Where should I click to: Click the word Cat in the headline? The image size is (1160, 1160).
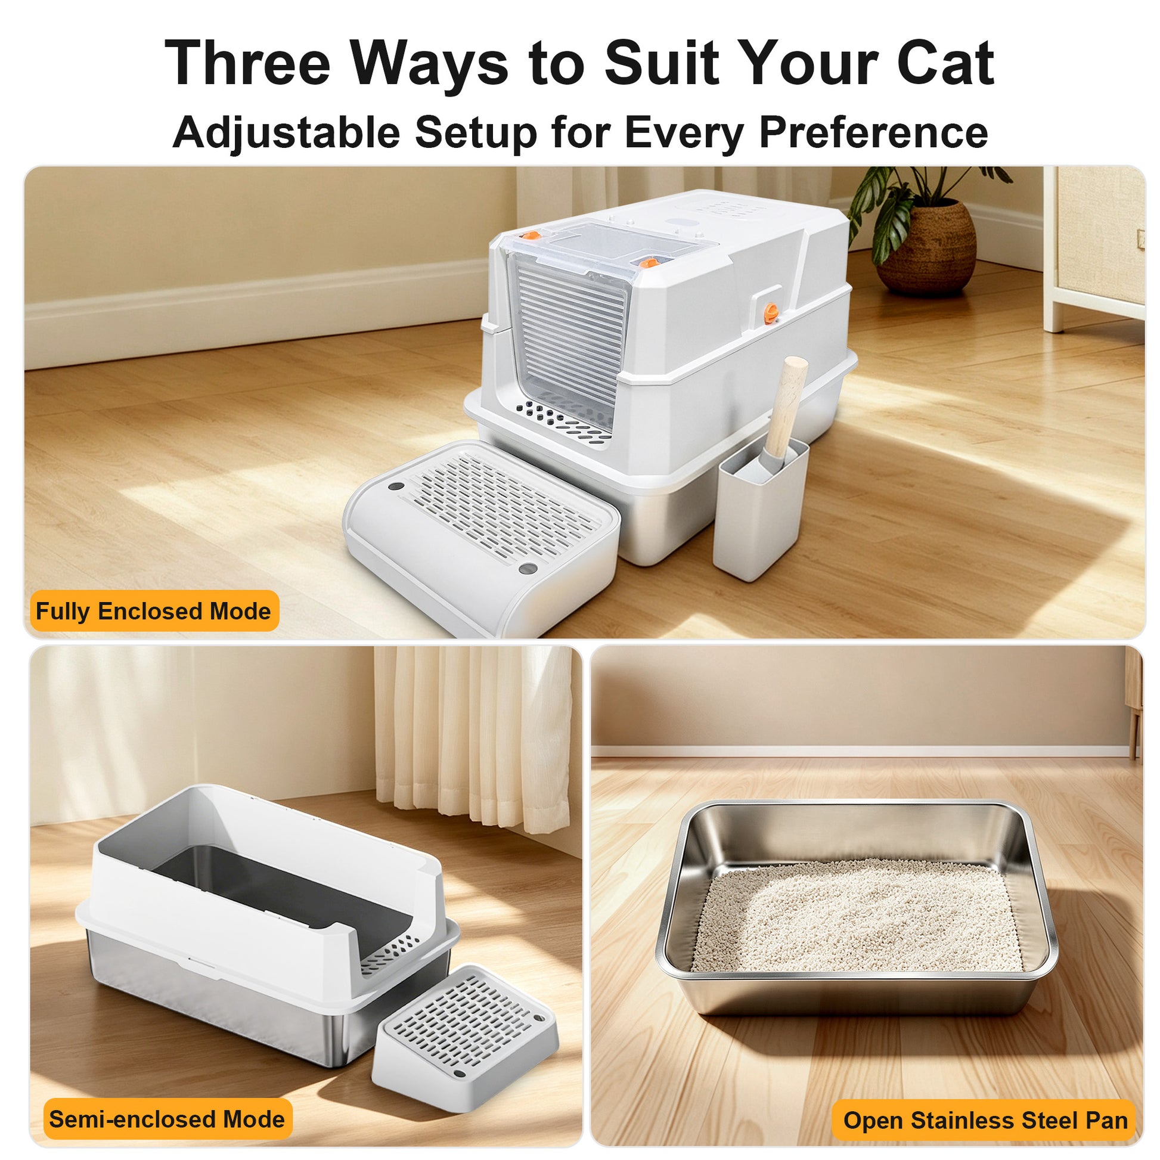[945, 63]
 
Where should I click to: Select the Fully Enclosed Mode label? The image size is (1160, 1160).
[154, 611]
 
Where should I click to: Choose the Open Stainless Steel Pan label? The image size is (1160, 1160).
[985, 1121]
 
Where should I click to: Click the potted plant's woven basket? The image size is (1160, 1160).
[926, 247]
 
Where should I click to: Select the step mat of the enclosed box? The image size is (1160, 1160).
[480, 534]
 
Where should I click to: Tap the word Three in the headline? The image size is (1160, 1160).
[248, 63]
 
